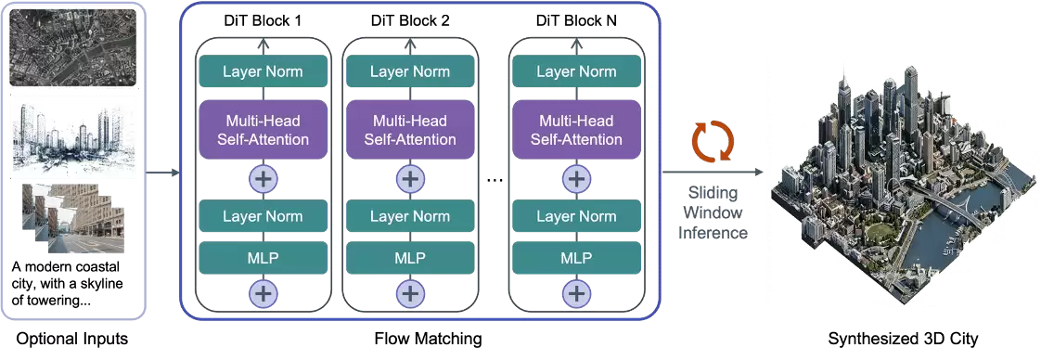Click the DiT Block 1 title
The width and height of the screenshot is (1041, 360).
click(263, 20)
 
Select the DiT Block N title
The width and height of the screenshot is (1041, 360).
click(576, 20)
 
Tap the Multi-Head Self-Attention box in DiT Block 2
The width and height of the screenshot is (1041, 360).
click(410, 130)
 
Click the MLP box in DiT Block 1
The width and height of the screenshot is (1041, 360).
click(263, 258)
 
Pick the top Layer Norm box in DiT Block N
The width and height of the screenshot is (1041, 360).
click(576, 71)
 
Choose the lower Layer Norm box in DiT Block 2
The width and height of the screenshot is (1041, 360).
click(410, 216)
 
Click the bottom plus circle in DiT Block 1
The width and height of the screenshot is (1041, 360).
click(263, 292)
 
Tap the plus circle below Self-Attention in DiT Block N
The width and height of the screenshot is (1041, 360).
click(576, 179)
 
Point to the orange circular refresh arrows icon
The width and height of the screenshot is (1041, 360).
click(713, 140)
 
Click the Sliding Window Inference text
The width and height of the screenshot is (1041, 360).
click(713, 212)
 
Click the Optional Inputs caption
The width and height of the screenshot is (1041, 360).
click(71, 340)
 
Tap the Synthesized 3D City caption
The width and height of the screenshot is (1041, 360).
click(903, 340)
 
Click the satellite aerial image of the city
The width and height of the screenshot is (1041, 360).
click(72, 47)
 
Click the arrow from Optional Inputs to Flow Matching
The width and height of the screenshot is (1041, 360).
click(162, 173)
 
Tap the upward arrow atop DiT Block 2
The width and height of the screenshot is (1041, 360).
click(410, 45)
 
